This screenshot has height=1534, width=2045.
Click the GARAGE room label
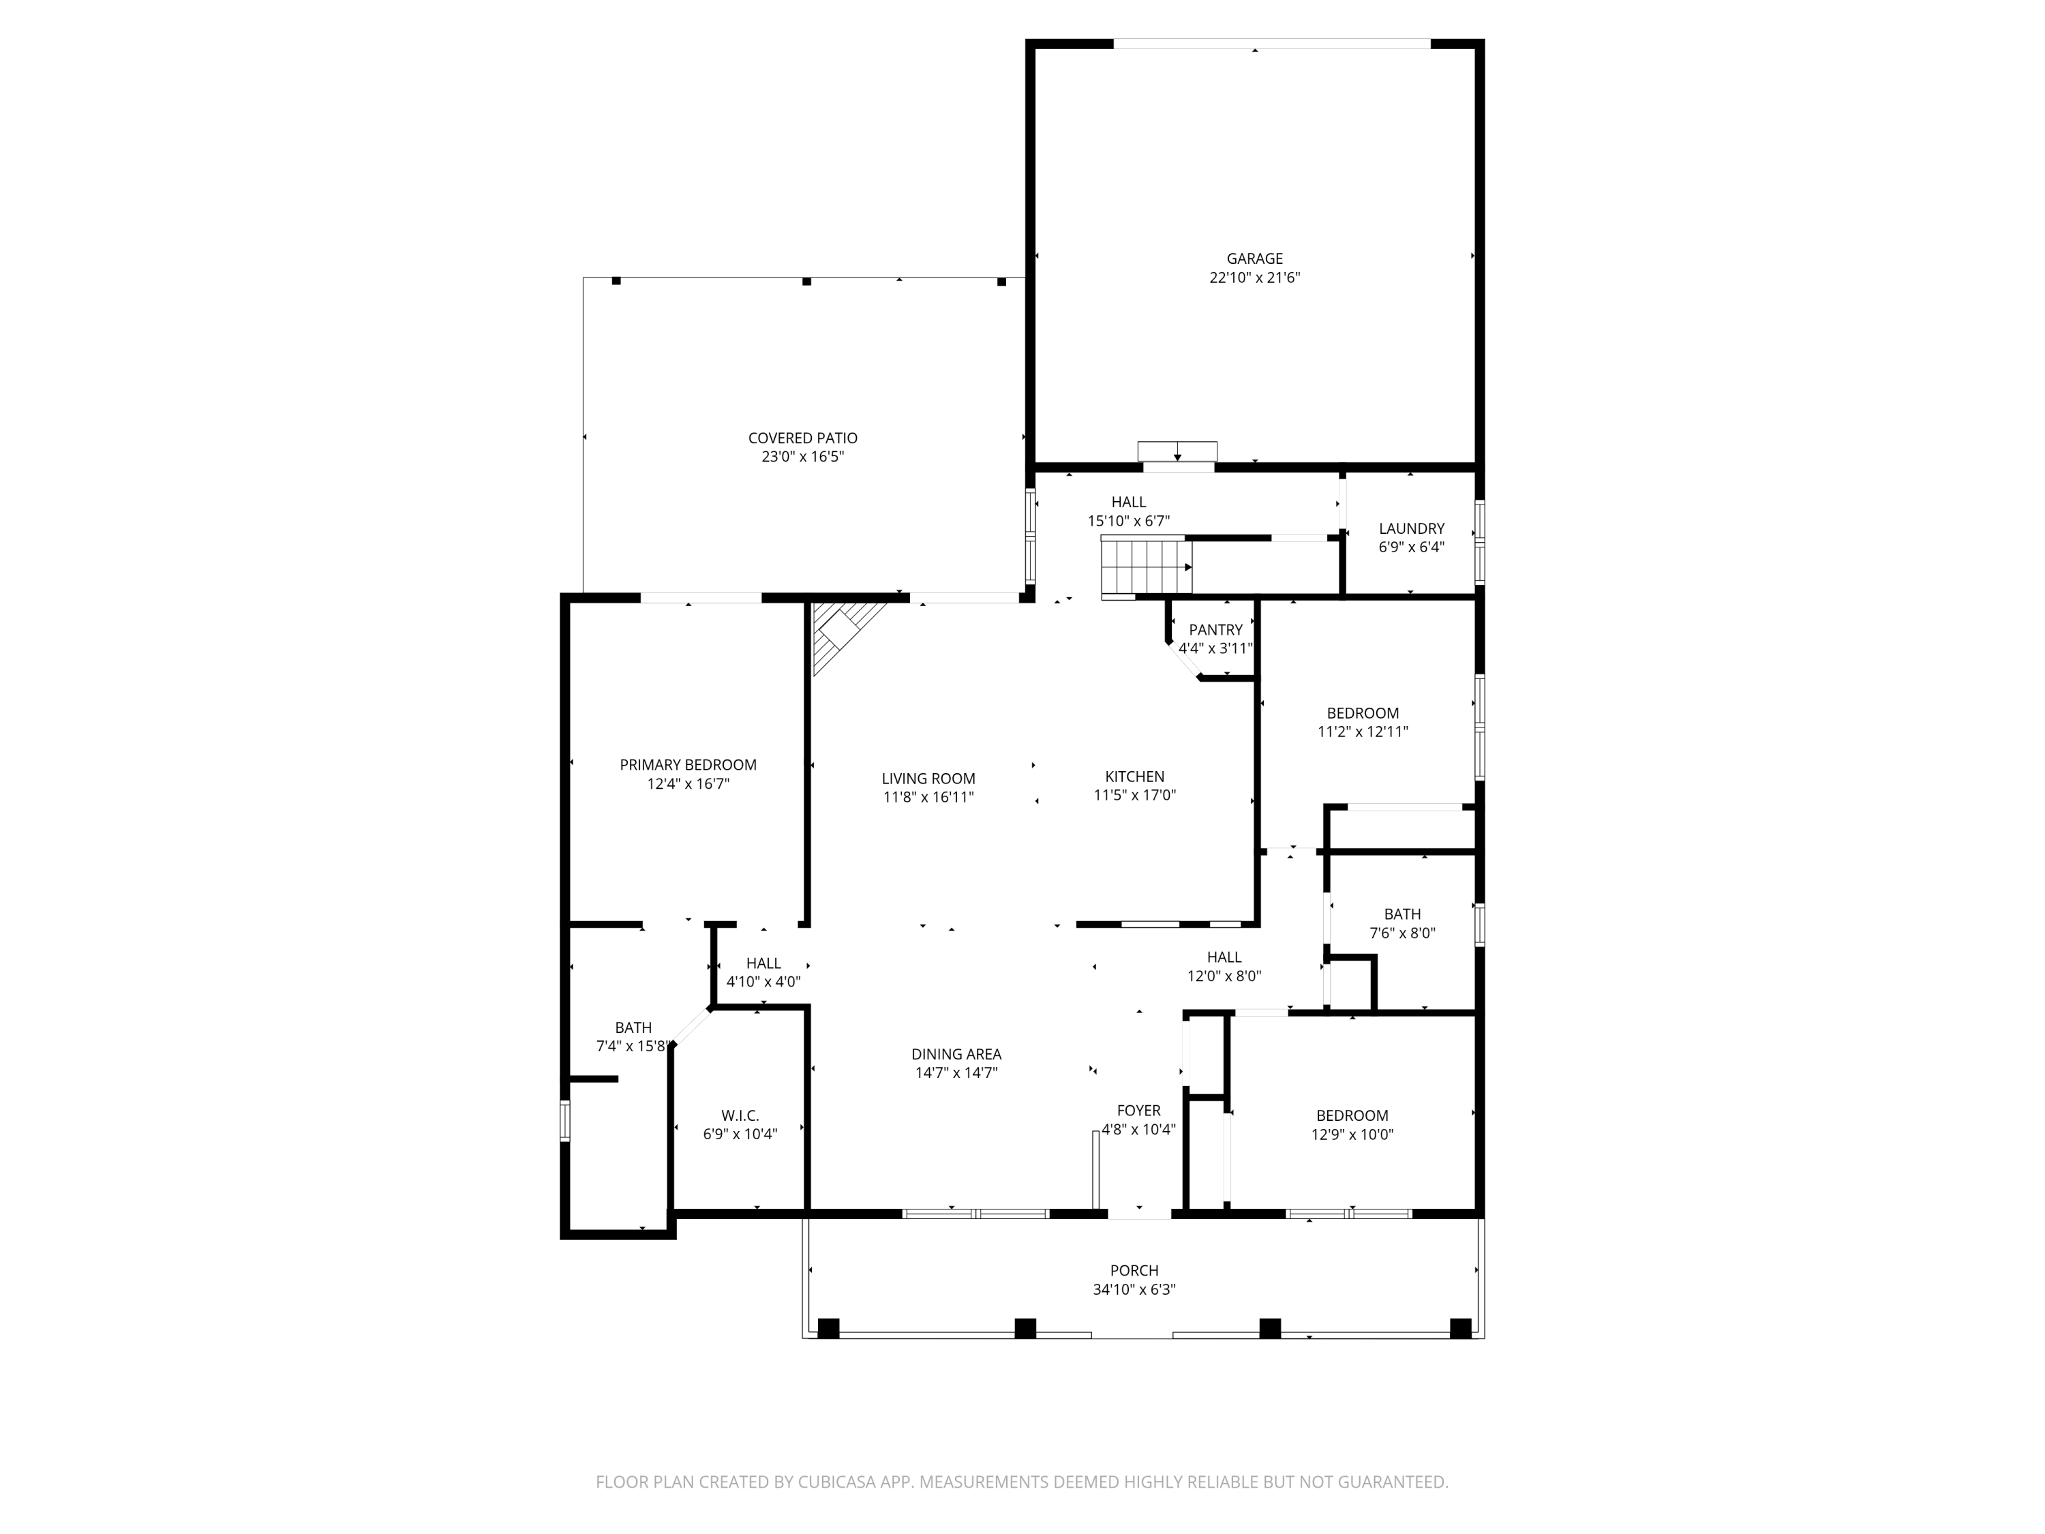[x=1254, y=259]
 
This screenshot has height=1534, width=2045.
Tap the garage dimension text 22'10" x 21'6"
[x=1254, y=277]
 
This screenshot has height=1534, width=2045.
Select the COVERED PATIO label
[x=802, y=438]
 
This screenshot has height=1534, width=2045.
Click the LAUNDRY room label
[x=1411, y=529]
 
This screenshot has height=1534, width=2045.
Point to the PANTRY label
[x=1215, y=630]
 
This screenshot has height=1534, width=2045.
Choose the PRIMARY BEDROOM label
[x=688, y=765]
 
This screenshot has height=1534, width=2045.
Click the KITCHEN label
[x=1134, y=777]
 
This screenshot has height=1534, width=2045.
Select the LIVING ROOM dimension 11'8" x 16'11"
[x=928, y=797]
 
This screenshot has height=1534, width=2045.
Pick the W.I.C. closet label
[x=740, y=1116]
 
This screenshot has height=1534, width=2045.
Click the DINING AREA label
[x=956, y=1054]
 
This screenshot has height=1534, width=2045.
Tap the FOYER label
[x=1138, y=1111]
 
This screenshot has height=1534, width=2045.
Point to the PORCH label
[x=1134, y=1270]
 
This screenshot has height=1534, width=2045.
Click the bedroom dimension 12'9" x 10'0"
[x=1352, y=1134]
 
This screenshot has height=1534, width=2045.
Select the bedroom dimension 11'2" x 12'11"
[x=1363, y=732]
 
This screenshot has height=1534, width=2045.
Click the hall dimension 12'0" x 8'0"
[x=1224, y=976]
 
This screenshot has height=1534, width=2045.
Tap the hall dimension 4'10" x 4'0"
[x=763, y=982]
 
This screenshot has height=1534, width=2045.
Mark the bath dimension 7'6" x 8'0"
[x=1402, y=933]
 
